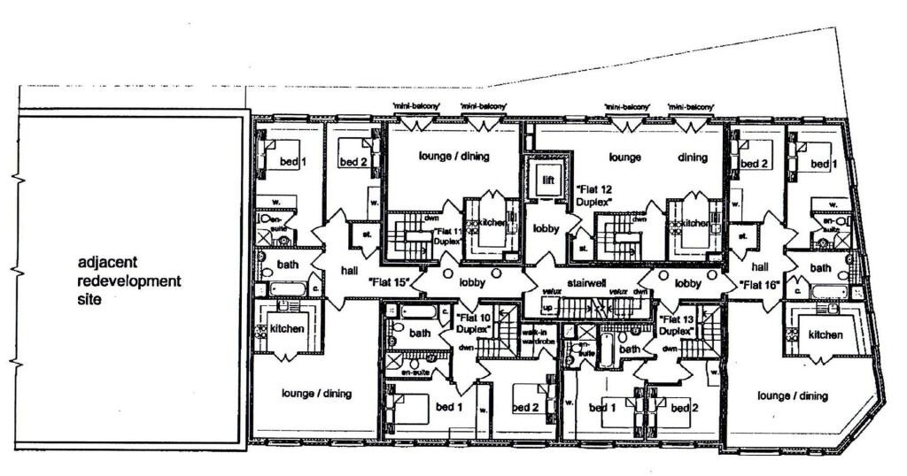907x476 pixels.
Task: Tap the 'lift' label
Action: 548,180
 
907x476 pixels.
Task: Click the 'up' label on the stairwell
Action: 546,307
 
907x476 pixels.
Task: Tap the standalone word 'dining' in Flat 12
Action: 693,158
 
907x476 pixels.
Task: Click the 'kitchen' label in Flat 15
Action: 286,328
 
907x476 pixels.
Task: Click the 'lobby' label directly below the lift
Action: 546,228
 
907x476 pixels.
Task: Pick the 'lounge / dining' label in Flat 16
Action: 792,395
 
